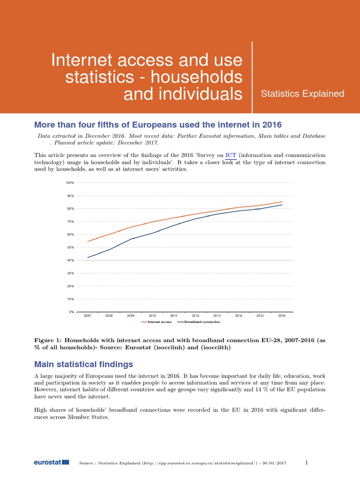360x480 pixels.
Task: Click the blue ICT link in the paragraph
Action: pos(231,155)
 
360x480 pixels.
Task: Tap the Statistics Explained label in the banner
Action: pos(302,94)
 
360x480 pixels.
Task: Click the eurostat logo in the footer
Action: pos(51,463)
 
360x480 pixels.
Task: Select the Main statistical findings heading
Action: pos(84,364)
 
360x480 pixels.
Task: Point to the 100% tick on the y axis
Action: pos(70,182)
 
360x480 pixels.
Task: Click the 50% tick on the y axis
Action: pos(70,247)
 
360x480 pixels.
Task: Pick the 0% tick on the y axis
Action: pos(71,312)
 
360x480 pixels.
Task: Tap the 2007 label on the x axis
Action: pos(88,316)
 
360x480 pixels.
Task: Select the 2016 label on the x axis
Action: pos(282,316)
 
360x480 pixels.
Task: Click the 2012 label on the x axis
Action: pos(195,316)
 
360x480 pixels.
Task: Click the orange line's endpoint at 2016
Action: pos(282,202)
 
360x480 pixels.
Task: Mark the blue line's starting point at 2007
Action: pos(88,257)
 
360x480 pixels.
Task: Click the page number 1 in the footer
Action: pos(307,463)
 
